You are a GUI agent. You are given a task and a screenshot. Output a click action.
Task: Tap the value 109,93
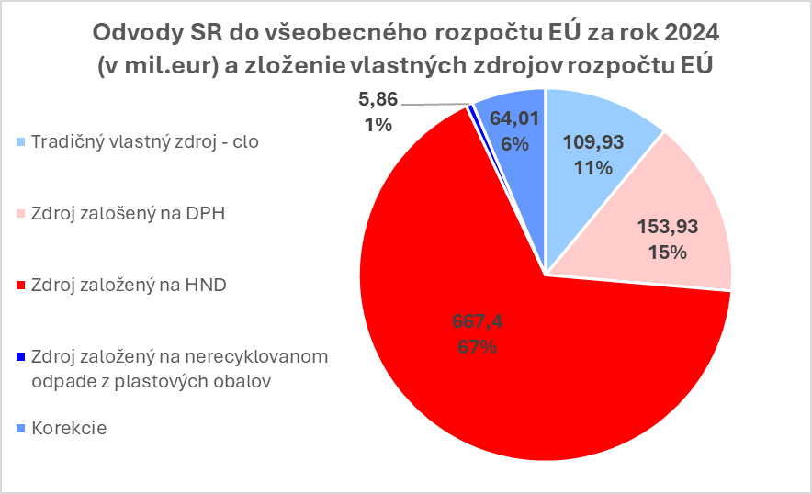pos(590,142)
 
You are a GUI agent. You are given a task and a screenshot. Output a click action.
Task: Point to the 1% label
pos(378,125)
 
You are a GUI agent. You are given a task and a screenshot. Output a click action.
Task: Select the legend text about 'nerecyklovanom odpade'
pos(179,368)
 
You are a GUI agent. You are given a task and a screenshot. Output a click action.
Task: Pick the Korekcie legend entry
pos(69,429)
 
